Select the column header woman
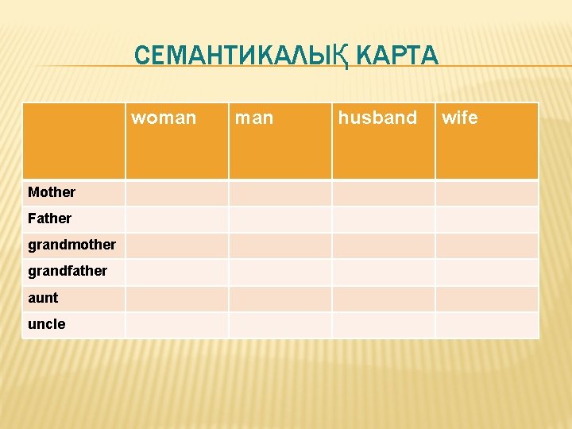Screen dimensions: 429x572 (164, 118)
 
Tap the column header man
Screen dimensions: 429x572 (253, 118)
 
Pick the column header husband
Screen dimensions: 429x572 (377, 118)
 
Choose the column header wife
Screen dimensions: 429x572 (460, 118)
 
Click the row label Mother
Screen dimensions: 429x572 (52, 192)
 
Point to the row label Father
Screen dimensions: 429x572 (49, 218)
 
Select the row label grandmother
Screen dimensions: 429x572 (71, 245)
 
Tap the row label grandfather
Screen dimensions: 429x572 (68, 271)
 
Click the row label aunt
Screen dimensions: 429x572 (43, 298)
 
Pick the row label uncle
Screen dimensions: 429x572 (46, 324)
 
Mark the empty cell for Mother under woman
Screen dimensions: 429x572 (176, 193)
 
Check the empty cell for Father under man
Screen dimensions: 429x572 (280, 219)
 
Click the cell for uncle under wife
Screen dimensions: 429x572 (486, 325)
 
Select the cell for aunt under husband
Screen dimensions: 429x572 (383, 299)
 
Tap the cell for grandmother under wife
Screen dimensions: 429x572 (486, 245)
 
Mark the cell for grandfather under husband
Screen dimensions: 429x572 (383, 272)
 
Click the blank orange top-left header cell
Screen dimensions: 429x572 (73, 141)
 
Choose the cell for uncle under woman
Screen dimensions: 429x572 (176, 325)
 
